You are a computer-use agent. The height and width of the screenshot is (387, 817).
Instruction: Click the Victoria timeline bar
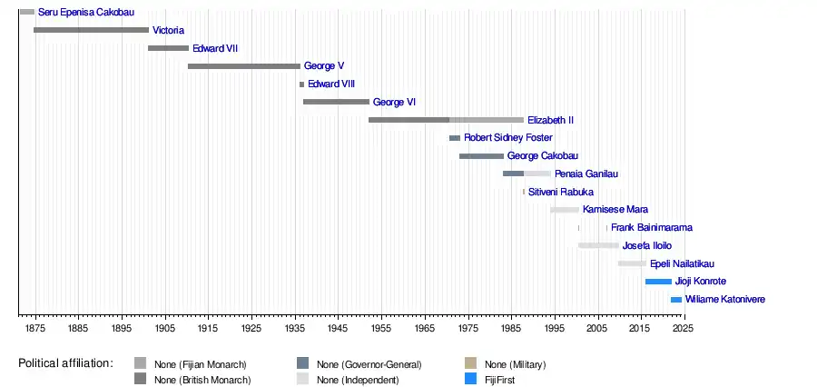click(91, 30)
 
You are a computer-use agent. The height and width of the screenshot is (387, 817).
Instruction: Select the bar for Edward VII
click(168, 48)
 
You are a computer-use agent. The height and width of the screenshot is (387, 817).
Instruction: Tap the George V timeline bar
click(243, 66)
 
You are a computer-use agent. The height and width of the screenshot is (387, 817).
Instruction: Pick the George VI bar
click(336, 102)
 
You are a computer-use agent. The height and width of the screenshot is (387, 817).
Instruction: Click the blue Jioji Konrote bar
click(658, 282)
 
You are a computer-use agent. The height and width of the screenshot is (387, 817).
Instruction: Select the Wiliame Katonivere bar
click(675, 300)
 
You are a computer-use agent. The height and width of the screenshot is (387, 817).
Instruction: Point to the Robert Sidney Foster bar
click(454, 138)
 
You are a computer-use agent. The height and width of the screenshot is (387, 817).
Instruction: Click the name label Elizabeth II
click(550, 120)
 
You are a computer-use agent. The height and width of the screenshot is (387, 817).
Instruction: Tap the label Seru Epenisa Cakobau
click(85, 13)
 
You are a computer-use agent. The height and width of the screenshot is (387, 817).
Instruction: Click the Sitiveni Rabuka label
click(561, 192)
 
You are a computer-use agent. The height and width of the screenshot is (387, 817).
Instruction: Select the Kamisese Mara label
click(615, 210)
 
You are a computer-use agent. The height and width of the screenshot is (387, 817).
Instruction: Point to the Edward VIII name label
click(331, 84)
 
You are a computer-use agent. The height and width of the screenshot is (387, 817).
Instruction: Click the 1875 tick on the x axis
click(34, 327)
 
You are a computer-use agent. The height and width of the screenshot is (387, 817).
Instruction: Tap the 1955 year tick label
click(380, 327)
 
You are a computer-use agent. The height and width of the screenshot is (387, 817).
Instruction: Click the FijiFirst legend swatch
click(469, 379)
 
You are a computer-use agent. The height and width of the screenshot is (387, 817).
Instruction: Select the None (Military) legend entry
click(515, 364)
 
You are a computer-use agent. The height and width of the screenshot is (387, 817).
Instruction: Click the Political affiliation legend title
click(65, 363)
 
